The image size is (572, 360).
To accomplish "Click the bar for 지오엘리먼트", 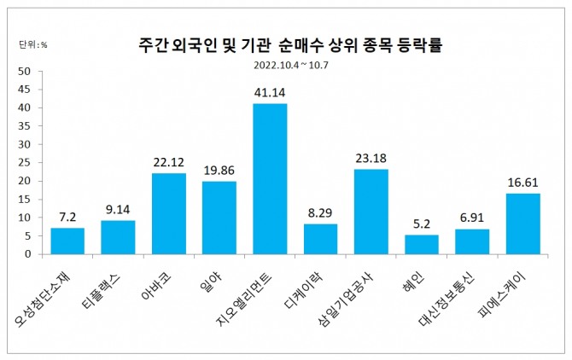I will [x=270, y=178].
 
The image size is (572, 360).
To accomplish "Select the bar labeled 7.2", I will [x=67, y=241].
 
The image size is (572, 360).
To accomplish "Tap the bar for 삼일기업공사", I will [x=371, y=212].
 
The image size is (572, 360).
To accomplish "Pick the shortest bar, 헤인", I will [x=421, y=244].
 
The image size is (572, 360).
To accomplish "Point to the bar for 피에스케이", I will [x=522, y=224].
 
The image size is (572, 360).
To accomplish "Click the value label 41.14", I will [x=270, y=90].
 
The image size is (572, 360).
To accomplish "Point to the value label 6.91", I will [x=471, y=217].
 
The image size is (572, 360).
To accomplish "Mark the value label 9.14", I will [x=118, y=208].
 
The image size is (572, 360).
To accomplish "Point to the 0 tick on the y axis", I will [x=26, y=254].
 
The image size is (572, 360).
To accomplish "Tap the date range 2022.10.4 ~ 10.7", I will [x=290, y=64].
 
